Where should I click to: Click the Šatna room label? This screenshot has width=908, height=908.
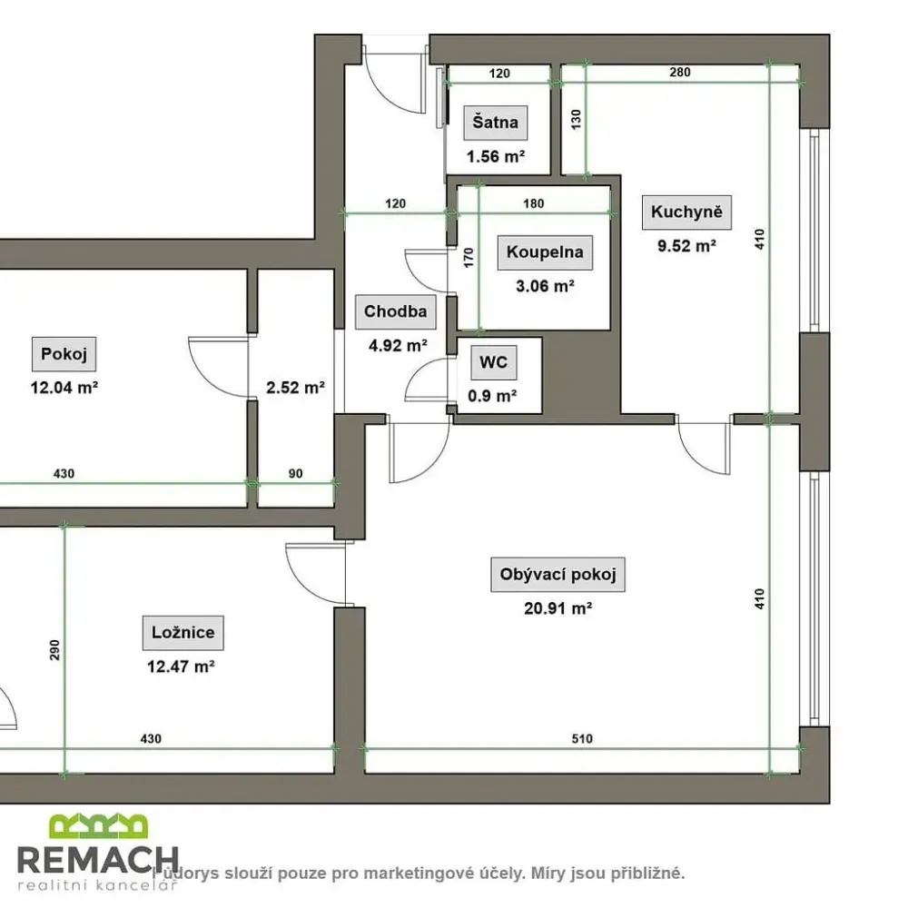495,123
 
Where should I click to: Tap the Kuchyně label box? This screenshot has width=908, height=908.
686,212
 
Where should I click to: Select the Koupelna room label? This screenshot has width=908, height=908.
545,252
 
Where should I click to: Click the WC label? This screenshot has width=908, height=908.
493,362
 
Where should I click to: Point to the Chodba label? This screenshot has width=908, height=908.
396,311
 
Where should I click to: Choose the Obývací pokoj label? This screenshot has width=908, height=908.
558,575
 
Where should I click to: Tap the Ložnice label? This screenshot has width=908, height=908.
183,632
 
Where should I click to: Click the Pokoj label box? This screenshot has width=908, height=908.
64,354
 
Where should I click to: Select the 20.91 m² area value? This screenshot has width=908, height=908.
558,608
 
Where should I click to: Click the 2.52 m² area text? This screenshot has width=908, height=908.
295,388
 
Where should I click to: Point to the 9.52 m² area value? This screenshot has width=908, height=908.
686,245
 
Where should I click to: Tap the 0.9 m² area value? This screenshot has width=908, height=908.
492,396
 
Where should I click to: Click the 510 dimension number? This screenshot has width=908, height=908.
582,738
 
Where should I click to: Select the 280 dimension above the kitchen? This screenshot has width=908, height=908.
680,72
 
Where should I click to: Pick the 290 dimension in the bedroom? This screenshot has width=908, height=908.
54,650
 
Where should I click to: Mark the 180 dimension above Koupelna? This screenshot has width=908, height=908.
533,203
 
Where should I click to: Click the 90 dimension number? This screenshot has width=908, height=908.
295,473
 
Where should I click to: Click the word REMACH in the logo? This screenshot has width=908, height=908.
98,860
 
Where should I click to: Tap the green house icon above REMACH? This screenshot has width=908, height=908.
98,826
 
